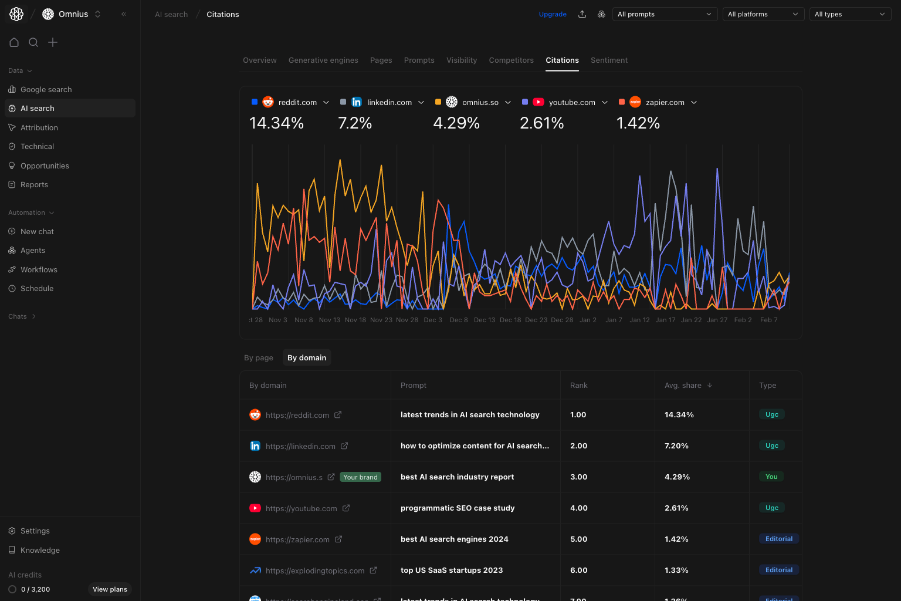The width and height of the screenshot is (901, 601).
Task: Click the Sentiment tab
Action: pos(609,60)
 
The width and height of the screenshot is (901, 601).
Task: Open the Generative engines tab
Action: pos(323,60)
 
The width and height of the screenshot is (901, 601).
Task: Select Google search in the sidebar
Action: pos(46,90)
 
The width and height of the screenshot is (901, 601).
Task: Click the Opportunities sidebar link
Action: pos(45,166)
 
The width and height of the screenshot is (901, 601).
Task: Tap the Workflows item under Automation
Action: pos(39,270)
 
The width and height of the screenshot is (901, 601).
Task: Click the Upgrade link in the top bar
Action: pos(553,14)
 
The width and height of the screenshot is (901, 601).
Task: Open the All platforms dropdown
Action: pos(763,14)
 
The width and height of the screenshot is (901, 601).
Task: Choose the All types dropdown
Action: pos(850,14)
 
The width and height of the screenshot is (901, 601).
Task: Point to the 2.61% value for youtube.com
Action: pos(541,123)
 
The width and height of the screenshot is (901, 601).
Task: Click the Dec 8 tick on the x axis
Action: pos(459,320)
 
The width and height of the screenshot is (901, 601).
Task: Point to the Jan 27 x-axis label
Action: pos(717,320)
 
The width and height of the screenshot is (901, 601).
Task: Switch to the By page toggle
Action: pos(259,358)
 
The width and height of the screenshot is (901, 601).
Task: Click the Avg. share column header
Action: pos(683,386)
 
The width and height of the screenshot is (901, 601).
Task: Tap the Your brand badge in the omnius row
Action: pos(360,477)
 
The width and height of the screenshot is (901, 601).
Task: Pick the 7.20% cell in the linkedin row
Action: pos(676,446)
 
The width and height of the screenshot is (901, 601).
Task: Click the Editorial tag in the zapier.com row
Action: pos(778,539)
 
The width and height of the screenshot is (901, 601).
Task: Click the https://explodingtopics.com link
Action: pos(315,570)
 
